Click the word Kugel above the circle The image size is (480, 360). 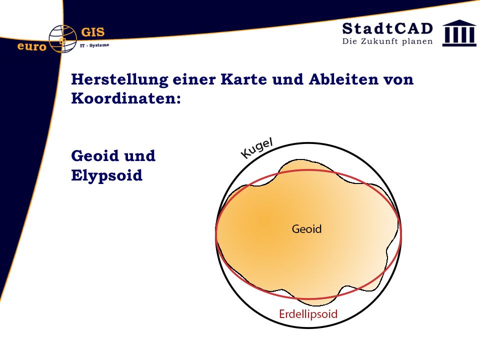point(256,148)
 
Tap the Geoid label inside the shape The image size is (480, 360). point(306,229)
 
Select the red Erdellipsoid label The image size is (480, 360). point(308,314)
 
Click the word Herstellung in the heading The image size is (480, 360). point(119,79)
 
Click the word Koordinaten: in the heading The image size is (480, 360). point(126,98)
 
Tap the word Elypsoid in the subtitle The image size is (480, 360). point(107,175)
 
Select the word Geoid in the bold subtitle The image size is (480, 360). point(95,155)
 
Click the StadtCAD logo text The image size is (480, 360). point(387,28)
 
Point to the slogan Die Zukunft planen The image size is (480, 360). point(387,41)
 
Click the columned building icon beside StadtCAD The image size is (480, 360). point(459,33)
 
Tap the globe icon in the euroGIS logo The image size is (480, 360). point(63,39)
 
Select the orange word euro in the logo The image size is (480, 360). point(32,46)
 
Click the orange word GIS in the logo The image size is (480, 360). point(93,32)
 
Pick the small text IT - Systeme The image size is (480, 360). point(94,45)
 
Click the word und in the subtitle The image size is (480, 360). point(139,155)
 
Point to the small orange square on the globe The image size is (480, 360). point(63,40)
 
